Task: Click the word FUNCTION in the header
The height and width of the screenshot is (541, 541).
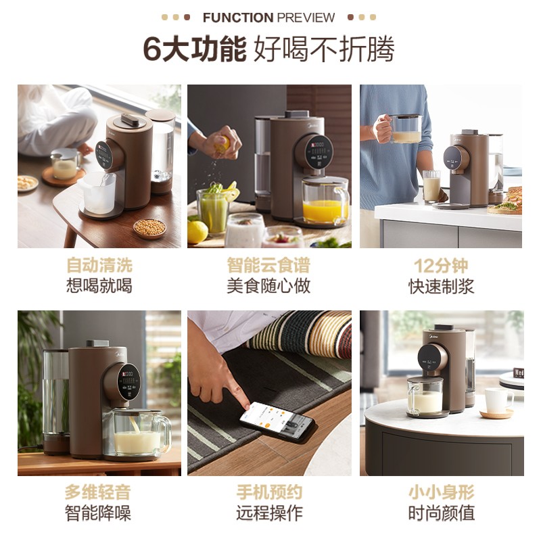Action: pos(238,18)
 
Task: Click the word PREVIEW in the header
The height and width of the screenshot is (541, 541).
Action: pos(306,18)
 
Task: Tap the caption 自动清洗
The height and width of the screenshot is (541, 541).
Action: pos(99,265)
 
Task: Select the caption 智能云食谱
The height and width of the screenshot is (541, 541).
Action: pos(268,265)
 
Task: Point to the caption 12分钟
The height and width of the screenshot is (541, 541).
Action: pos(441,266)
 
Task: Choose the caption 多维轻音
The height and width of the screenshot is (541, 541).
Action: pos(98,492)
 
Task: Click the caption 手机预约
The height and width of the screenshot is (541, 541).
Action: pos(269,492)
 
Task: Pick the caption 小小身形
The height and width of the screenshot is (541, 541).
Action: pos(442,492)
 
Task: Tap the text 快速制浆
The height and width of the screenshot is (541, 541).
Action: pos(442,286)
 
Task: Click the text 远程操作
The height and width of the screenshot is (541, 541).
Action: pos(269,513)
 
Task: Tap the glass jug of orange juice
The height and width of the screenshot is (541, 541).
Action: pos(325,201)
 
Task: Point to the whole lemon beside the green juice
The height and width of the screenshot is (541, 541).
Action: pos(197,231)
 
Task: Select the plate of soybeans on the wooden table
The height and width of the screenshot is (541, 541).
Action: pos(149,228)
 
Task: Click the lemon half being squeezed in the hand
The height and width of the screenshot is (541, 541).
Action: pos(223,144)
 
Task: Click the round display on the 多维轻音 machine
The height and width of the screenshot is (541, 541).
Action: pos(129,381)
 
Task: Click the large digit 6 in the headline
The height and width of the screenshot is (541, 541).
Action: pos(152,49)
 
